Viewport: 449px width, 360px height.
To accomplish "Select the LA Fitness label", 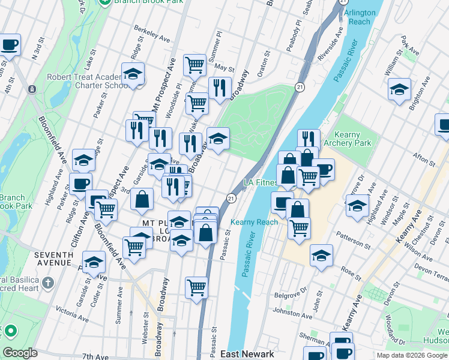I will coord(259,182).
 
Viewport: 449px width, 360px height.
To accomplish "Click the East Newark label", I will coord(247,354).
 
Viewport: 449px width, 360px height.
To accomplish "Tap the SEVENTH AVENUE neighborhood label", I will coord(53,259).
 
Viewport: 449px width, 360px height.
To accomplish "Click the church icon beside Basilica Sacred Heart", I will coord(49,282).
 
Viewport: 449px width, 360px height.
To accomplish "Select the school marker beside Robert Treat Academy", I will coord(133,75).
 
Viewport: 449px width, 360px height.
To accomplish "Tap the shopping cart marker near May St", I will coord(194,64).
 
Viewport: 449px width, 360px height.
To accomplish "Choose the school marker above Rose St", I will coord(322,255).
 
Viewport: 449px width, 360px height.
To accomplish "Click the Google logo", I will coord(20,353).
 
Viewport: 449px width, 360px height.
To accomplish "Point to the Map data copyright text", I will coord(411,355).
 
